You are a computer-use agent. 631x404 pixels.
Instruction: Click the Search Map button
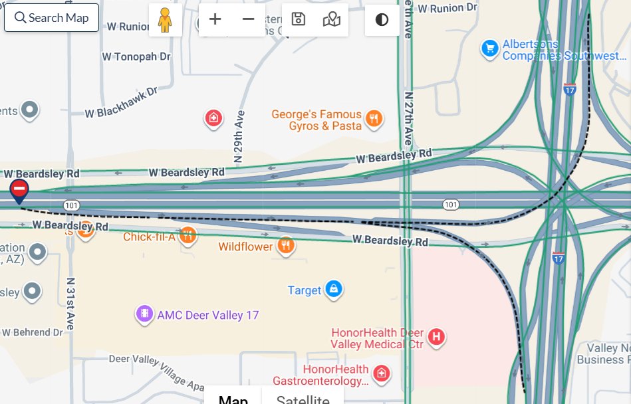point(51,18)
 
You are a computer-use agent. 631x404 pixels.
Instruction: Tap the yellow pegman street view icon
point(165,20)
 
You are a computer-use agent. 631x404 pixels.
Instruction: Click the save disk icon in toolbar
point(299,19)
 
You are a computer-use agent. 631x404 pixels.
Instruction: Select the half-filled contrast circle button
point(382,19)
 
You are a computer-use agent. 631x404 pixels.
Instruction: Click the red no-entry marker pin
point(19,189)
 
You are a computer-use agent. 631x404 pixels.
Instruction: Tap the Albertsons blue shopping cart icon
point(490,49)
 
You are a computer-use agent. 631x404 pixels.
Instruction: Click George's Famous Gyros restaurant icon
point(374,119)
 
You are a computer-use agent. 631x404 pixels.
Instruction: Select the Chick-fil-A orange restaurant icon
point(188,235)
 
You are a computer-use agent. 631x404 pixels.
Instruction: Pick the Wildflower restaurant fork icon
point(286,245)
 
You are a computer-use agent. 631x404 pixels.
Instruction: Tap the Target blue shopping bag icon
point(334,289)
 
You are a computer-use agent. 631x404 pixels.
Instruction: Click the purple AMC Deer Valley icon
point(144,314)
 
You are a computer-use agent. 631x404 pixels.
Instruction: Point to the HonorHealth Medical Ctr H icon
point(436,337)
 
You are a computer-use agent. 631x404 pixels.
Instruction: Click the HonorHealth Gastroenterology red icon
point(381,373)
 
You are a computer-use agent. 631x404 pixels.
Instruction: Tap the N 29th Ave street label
point(238,137)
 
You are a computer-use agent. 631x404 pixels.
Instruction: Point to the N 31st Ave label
point(69,303)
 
